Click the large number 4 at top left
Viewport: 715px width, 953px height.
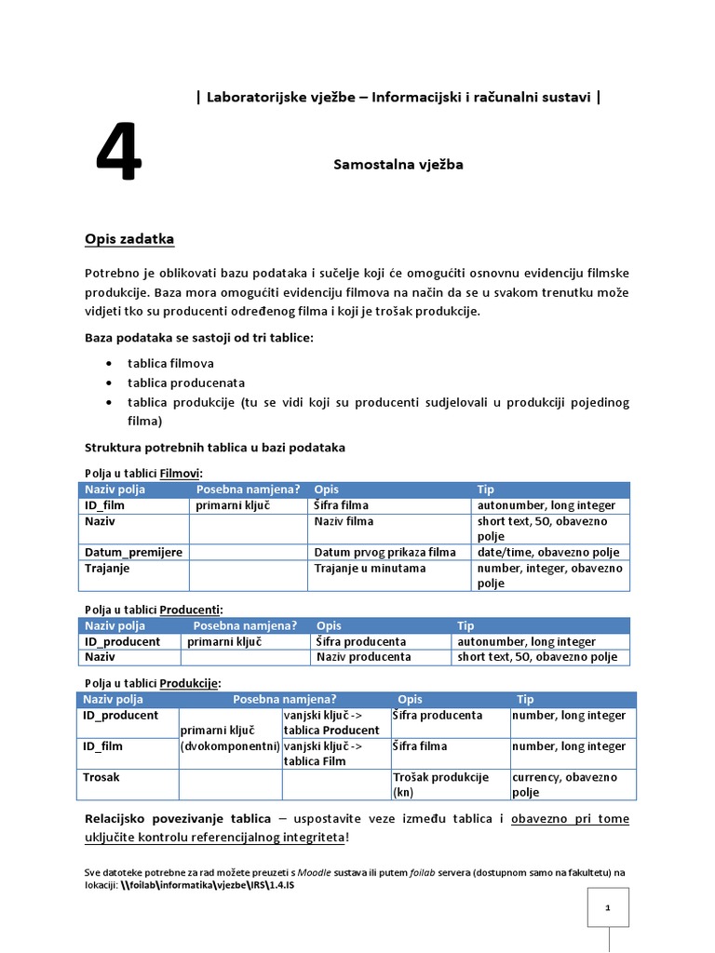coord(119,154)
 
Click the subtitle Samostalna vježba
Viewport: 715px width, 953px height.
coord(398,165)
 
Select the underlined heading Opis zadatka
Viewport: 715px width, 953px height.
coord(129,239)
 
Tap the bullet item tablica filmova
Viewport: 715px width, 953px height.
coord(170,363)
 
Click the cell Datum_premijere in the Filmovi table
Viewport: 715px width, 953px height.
coord(133,552)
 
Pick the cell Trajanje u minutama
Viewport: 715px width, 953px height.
coord(370,568)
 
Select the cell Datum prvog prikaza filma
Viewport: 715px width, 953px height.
coord(384,552)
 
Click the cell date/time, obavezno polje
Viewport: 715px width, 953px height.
coord(546,552)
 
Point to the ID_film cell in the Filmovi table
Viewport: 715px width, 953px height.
coord(104,505)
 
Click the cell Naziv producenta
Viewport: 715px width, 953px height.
coord(363,657)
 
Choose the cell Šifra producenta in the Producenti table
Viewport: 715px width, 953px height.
coord(361,641)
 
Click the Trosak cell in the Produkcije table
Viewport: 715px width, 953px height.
coord(101,776)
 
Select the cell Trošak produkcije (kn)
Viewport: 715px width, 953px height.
coord(440,785)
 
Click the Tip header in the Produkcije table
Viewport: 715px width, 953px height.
coord(525,699)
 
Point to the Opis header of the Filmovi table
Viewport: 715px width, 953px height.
coord(327,490)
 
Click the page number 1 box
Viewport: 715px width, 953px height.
coord(607,907)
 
